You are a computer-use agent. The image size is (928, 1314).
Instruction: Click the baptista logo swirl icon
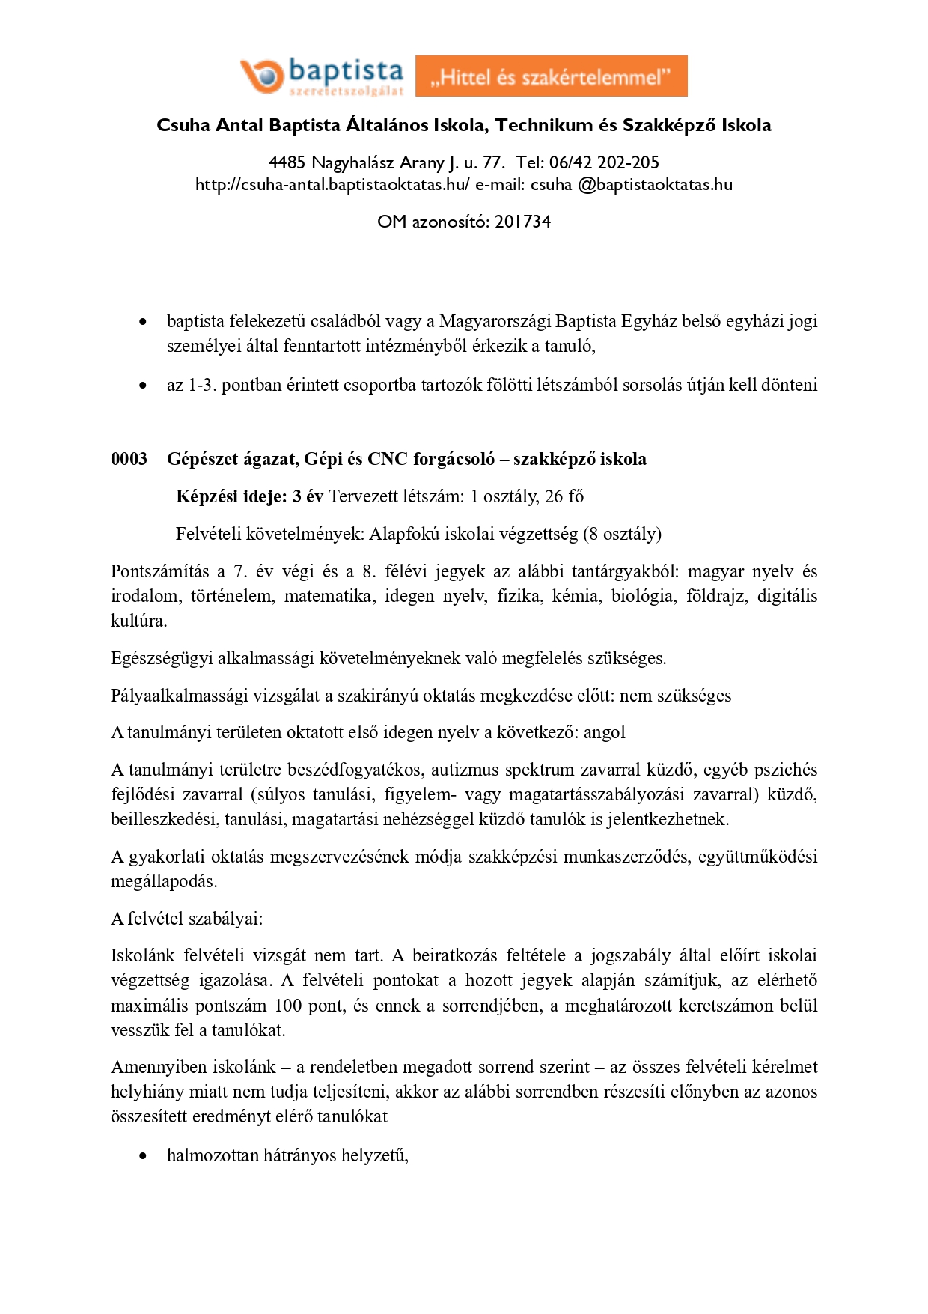click(x=261, y=76)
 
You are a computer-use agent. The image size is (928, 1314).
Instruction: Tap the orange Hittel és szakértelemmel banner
click(x=551, y=76)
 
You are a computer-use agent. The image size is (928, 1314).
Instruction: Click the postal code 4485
click(x=287, y=162)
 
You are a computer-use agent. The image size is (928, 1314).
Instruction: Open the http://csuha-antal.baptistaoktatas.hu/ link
click(x=332, y=185)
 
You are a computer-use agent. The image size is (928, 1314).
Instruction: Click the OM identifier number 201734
click(x=522, y=222)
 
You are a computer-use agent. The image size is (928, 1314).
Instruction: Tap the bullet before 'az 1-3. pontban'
click(x=143, y=386)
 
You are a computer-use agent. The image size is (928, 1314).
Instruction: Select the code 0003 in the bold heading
click(x=129, y=459)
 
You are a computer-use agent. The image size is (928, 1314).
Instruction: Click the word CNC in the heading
click(x=388, y=459)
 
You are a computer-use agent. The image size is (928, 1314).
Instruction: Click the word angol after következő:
click(x=604, y=732)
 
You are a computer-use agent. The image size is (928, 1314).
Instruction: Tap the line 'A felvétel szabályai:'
click(x=186, y=919)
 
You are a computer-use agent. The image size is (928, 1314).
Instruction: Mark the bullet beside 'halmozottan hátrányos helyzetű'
click(x=143, y=1156)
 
